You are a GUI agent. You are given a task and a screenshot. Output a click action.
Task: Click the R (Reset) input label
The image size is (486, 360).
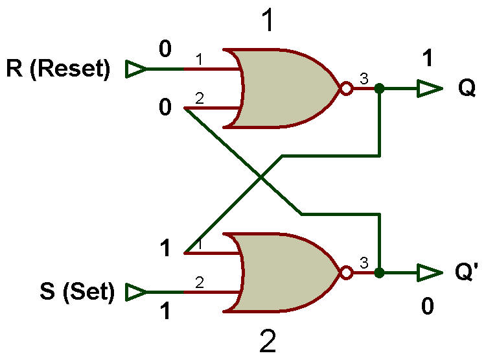58,69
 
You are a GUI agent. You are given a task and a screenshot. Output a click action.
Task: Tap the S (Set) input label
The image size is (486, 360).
77,291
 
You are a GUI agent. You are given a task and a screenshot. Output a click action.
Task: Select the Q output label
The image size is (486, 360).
467,88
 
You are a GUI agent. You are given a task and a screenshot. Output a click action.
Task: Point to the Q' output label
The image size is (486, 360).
467,271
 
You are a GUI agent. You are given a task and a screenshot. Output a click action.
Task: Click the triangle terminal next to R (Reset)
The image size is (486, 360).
135,69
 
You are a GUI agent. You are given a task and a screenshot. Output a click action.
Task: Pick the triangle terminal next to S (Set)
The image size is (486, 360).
135,292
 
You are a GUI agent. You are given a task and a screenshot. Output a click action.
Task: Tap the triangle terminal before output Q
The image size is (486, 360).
429,88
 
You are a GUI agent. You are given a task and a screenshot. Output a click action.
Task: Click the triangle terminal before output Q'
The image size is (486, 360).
429,273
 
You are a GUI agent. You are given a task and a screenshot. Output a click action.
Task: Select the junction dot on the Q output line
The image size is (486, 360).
379,88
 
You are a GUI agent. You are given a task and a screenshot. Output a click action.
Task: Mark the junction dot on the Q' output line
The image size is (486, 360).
379,273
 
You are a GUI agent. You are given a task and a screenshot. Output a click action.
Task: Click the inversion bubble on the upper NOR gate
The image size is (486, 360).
346,88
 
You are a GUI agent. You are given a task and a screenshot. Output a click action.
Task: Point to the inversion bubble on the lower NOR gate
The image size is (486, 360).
346,273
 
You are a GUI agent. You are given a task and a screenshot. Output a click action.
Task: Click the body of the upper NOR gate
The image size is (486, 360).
285,88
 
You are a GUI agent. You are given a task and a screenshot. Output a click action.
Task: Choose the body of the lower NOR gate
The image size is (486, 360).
285,272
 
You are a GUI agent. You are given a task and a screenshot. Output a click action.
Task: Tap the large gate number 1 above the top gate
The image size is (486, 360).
268,19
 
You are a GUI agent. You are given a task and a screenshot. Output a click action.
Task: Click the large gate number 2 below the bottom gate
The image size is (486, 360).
268,341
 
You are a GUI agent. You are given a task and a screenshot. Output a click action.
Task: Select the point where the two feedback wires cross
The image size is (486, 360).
261,178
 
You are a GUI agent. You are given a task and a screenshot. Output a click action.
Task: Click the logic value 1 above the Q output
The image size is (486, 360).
428,58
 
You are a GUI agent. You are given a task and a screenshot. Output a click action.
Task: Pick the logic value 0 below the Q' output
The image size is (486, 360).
428,306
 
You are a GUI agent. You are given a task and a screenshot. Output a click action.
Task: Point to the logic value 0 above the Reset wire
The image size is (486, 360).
165,49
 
